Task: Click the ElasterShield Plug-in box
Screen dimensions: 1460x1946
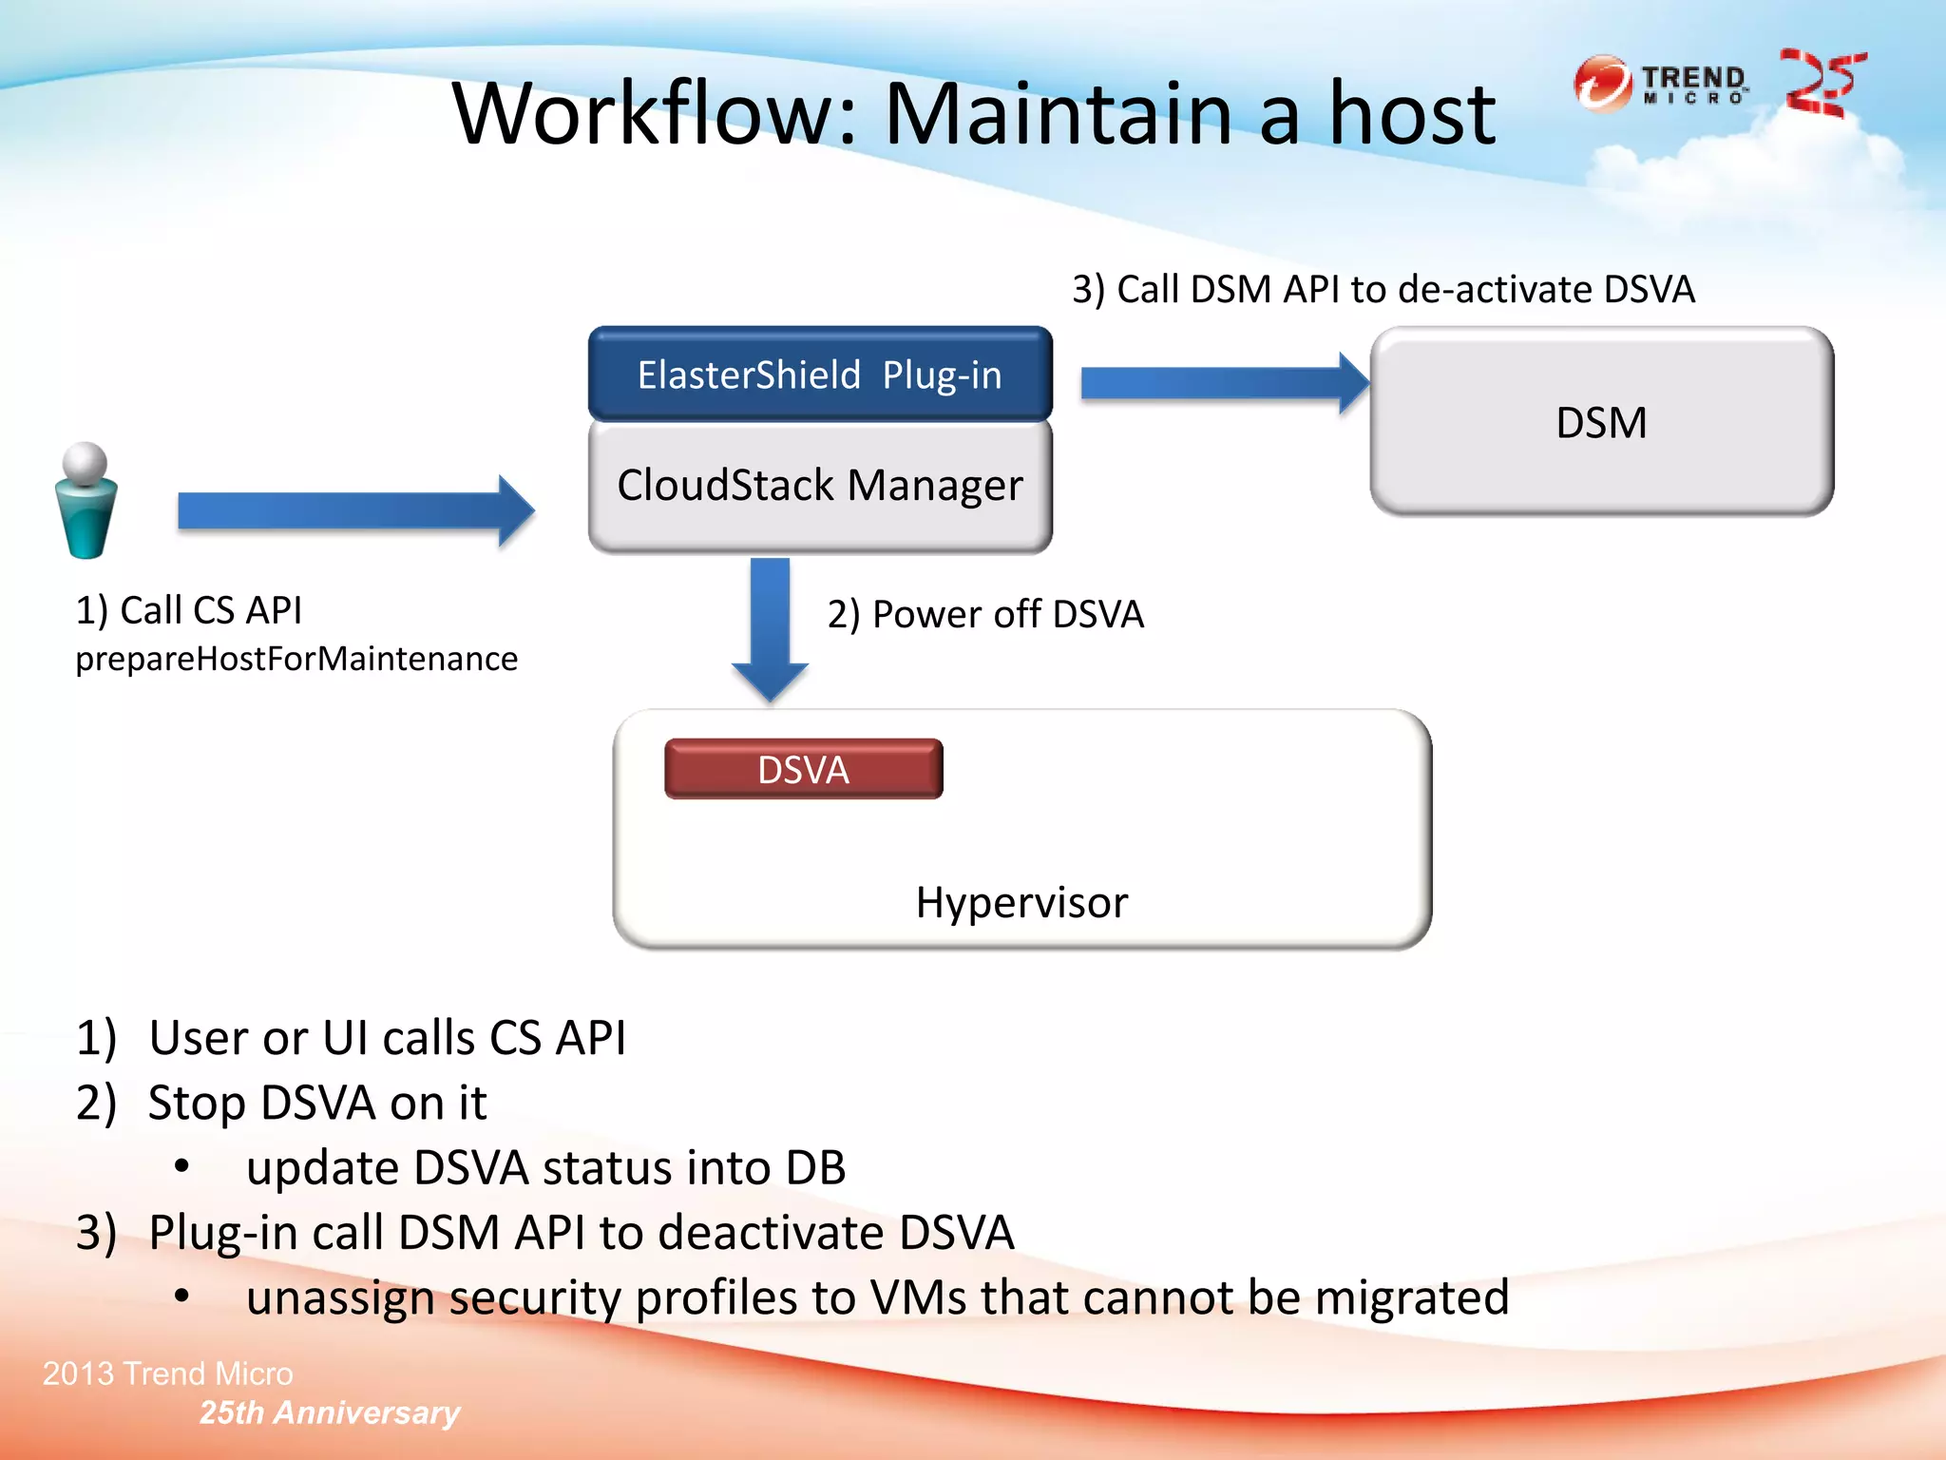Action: tap(820, 375)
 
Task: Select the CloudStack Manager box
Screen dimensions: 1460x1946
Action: tap(820, 486)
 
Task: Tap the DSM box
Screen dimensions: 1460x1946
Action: tap(1601, 422)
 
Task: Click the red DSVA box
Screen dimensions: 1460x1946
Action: tap(804, 769)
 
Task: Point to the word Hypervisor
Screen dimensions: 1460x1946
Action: tap(1021, 902)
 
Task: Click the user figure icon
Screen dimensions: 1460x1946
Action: tap(86, 500)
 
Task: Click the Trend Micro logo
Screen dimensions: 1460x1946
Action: tap(1661, 84)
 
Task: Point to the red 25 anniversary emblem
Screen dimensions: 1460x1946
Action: tap(1822, 83)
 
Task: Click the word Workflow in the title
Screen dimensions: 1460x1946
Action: tap(656, 114)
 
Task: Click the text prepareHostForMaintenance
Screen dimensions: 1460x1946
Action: tap(296, 659)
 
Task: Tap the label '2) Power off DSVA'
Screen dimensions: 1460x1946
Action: tap(985, 614)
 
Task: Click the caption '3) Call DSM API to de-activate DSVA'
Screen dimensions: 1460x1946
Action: tap(1383, 289)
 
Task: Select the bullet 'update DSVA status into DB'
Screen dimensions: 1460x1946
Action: tap(545, 1167)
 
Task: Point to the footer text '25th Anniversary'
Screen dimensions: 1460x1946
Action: tap(329, 1412)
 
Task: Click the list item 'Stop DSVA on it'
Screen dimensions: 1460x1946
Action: tap(317, 1103)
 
